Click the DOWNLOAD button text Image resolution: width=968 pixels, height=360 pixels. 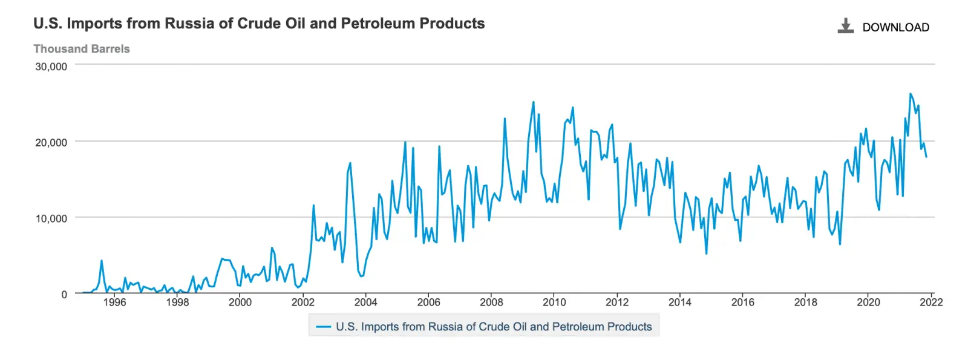point(896,27)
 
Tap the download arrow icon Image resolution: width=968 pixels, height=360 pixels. point(846,26)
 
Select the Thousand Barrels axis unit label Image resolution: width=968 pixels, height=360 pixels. point(82,49)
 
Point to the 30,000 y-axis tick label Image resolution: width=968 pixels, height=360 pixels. point(51,67)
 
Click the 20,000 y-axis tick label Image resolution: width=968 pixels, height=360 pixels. point(51,143)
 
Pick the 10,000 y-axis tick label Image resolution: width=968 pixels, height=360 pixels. point(51,218)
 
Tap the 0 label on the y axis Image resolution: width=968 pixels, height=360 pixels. point(64,295)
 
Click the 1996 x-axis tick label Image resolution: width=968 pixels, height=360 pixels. point(114,302)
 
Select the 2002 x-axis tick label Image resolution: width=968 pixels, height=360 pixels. point(303,302)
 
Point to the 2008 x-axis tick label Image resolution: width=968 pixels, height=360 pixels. point(491,302)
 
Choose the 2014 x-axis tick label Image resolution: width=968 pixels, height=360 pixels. point(680,302)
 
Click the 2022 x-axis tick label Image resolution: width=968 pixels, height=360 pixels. point(931,302)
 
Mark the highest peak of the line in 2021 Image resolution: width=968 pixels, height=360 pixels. point(910,93)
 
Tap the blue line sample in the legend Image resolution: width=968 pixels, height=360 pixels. point(324,327)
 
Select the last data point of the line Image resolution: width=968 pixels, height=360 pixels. point(926,157)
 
